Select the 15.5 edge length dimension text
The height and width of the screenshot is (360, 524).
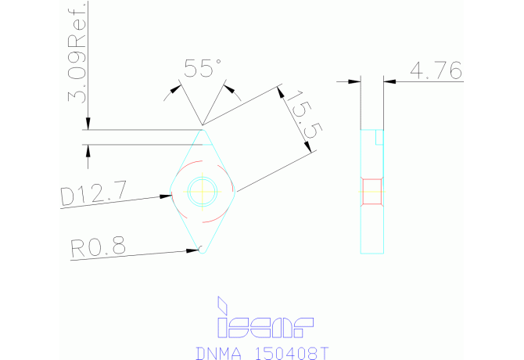(300, 114)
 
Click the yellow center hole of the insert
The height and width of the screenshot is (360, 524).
(203, 189)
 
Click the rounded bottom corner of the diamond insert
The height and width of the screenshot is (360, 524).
(203, 250)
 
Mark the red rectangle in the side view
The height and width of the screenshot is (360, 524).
(372, 191)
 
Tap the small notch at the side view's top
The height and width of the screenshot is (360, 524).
(379, 137)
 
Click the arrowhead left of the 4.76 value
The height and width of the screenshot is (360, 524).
(354, 80)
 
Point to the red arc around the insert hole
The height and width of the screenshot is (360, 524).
(181, 174)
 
